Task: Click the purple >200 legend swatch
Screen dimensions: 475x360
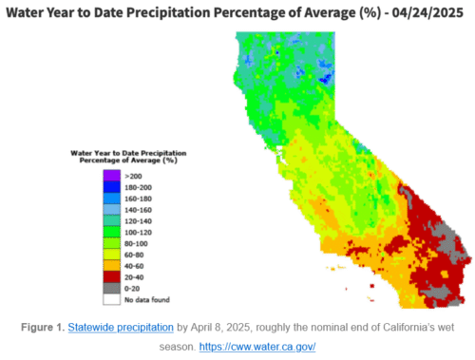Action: click(112, 176)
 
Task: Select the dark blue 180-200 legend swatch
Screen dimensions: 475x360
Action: click(112, 187)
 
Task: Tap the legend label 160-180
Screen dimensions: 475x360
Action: click(138, 199)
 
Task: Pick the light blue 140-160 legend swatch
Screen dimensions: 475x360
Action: click(112, 209)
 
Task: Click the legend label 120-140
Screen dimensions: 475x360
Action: click(138, 221)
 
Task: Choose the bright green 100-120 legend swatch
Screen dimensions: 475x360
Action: click(112, 232)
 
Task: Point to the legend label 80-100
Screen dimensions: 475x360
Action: click(136, 244)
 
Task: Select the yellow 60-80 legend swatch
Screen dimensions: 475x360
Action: click(112, 255)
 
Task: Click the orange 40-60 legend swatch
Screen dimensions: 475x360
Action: click(112, 266)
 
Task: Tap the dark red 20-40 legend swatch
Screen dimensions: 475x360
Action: click(112, 277)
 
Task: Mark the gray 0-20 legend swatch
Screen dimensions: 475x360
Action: click(112, 288)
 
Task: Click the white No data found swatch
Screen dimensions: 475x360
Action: click(112, 299)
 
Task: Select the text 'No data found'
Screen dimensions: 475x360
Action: click(147, 300)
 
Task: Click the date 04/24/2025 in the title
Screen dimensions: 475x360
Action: click(427, 13)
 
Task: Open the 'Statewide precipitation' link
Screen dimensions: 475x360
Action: click(121, 328)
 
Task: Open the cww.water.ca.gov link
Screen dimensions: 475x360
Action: click(257, 347)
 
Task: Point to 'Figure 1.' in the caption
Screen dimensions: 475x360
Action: click(43, 328)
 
